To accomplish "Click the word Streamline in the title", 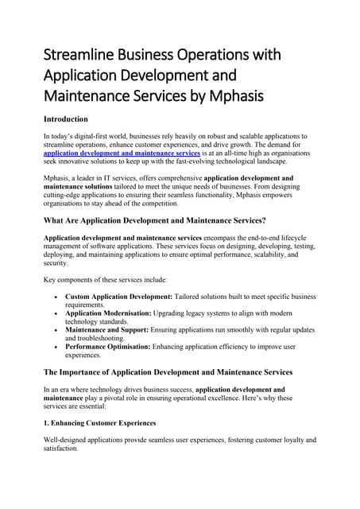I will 79,56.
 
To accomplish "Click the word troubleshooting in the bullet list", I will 115,339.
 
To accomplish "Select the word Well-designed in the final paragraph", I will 66,440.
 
